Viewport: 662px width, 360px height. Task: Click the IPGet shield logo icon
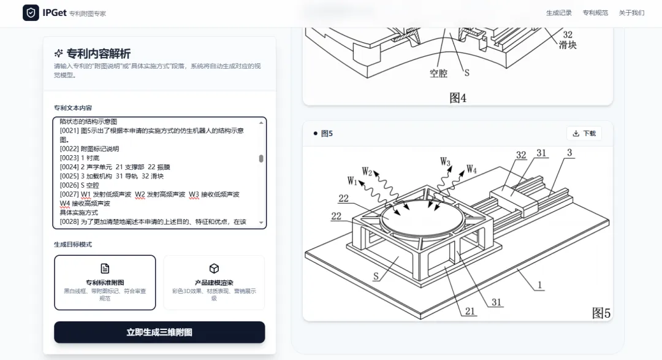click(31, 13)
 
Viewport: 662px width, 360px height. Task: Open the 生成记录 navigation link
click(559, 13)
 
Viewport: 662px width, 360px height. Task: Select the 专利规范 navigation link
click(595, 13)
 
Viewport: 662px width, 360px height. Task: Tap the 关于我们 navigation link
click(631, 13)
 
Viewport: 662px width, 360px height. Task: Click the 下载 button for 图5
click(584, 134)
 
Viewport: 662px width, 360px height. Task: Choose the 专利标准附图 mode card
click(105, 283)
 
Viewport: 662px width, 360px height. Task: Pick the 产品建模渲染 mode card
click(214, 283)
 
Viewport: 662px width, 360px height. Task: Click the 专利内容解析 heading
click(98, 53)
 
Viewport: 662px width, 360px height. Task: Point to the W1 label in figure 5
click(352, 180)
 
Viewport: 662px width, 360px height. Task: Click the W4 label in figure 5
click(471, 169)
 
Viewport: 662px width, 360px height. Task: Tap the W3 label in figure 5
click(446, 162)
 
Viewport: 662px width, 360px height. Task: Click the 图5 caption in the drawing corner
click(601, 313)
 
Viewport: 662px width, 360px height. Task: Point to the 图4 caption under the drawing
click(458, 98)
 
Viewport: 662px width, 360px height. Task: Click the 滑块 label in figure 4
click(568, 45)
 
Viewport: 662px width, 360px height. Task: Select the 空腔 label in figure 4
click(438, 73)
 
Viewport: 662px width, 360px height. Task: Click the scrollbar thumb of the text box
click(261, 158)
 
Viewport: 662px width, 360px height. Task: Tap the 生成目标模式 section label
click(73, 244)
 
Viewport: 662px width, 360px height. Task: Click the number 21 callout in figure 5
click(470, 311)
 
